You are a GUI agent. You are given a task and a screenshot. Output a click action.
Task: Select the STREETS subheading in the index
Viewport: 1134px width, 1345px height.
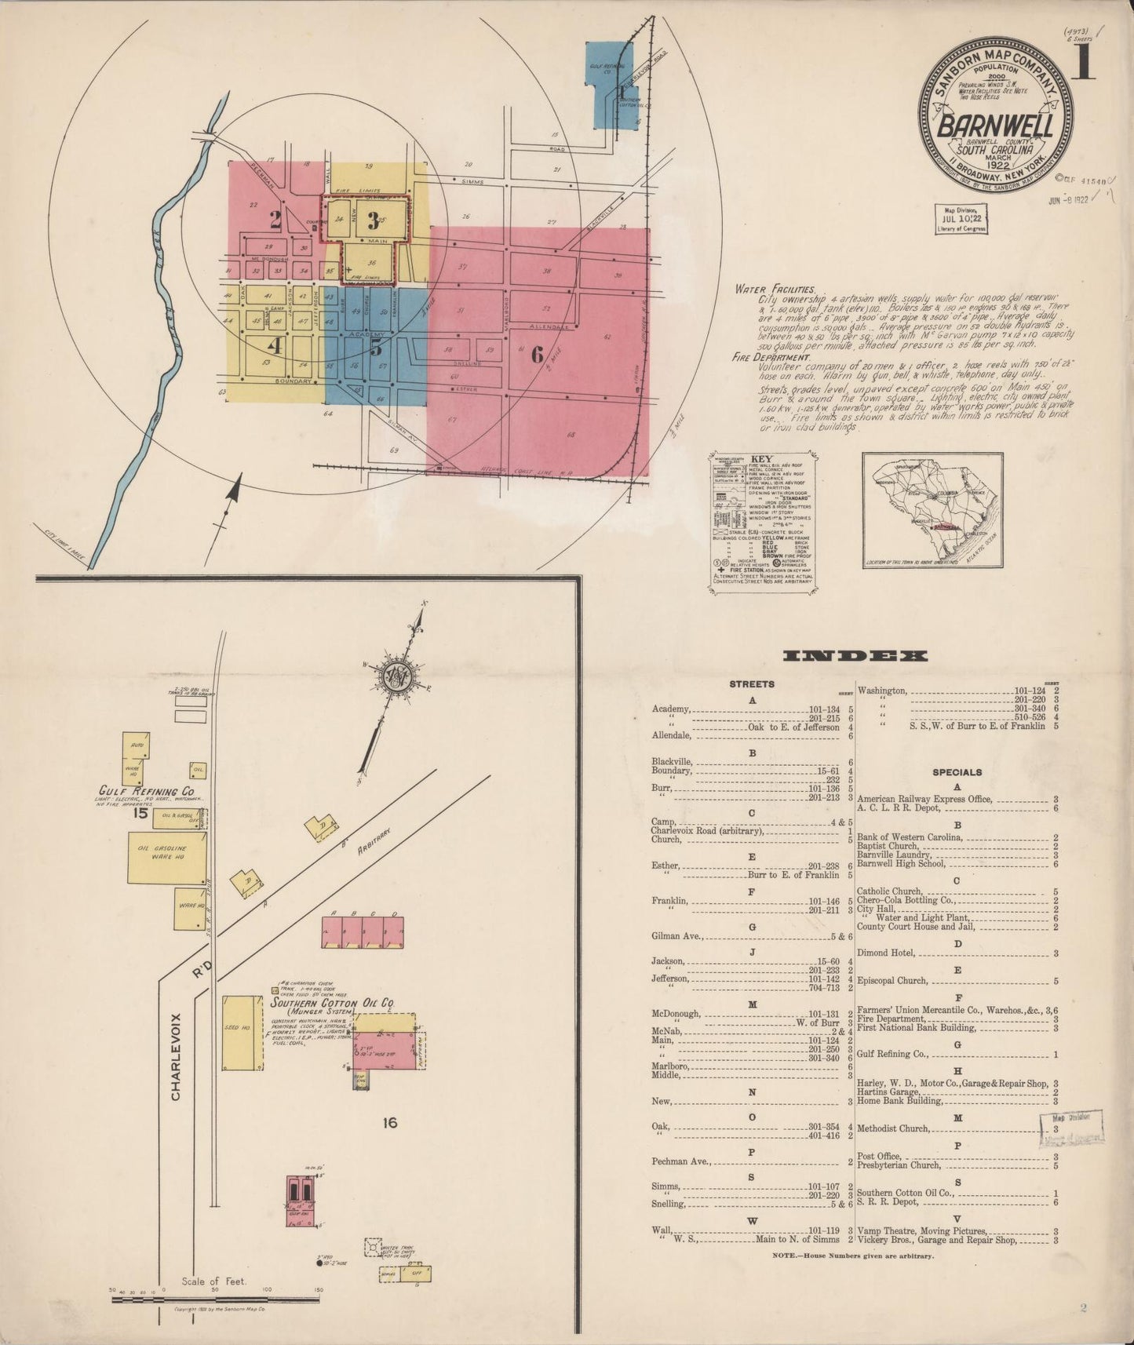752,684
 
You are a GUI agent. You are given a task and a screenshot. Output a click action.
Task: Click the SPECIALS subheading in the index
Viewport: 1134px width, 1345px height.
957,772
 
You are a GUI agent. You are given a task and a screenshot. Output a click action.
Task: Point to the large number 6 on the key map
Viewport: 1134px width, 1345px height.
537,355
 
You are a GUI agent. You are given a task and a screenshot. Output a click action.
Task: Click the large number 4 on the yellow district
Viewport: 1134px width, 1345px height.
274,344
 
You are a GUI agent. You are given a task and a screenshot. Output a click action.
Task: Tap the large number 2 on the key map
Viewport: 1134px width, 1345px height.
275,221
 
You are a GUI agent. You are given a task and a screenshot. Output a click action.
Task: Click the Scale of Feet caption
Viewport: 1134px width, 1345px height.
213,1281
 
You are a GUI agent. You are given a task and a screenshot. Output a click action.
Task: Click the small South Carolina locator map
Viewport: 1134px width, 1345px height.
932,509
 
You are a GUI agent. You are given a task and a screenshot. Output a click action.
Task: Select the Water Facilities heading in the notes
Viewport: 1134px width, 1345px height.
775,289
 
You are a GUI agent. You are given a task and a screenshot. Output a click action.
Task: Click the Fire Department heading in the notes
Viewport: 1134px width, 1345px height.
770,357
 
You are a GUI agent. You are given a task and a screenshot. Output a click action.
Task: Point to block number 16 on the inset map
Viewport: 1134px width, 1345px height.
390,1123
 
